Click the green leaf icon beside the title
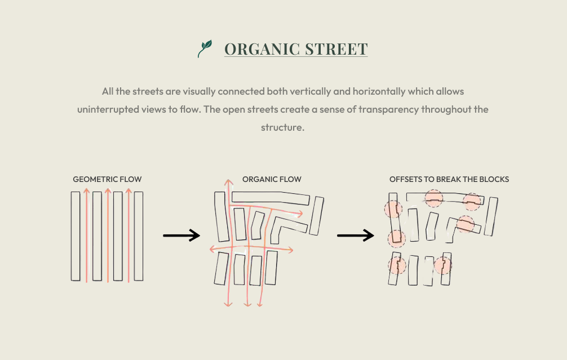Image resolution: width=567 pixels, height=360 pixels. click(205, 48)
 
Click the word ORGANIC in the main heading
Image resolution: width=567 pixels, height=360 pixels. click(262, 49)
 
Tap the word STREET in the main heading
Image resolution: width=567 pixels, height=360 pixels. click(336, 49)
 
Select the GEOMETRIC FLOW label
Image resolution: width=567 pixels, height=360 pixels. click(107, 179)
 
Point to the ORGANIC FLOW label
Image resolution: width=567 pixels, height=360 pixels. click(272, 179)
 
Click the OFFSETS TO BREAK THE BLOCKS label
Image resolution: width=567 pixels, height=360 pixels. click(449, 179)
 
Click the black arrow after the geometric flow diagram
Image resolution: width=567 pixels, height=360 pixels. click(181, 235)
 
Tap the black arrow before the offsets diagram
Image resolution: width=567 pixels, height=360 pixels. click(356, 235)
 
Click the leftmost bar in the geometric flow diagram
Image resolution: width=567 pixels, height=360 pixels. click(75, 236)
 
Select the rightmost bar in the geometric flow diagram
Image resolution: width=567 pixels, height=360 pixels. click(139, 236)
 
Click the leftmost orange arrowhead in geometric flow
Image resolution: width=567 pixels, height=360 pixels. click(86, 190)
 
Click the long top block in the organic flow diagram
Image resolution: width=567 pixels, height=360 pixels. click(271, 197)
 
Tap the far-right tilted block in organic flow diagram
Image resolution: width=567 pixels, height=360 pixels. click(316, 216)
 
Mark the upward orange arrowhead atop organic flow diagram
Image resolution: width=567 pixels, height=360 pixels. click(228, 182)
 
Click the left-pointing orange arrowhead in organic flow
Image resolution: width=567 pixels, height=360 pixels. click(212, 249)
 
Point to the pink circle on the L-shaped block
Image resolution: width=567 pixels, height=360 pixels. click(466, 224)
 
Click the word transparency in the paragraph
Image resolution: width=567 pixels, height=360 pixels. click(388, 109)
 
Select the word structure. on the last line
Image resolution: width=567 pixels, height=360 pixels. click(282, 127)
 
